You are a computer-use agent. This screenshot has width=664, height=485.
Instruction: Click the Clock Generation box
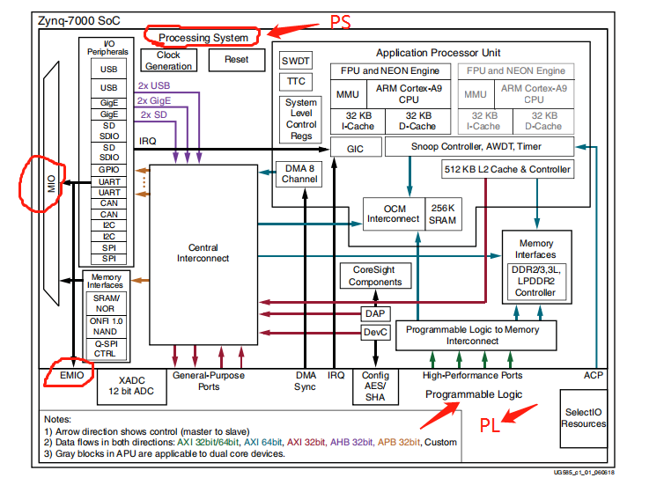click(x=168, y=60)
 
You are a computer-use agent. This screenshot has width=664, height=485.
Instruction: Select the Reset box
click(x=237, y=60)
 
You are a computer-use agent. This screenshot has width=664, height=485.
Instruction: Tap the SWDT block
click(x=295, y=61)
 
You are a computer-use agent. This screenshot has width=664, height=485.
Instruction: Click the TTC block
click(x=295, y=82)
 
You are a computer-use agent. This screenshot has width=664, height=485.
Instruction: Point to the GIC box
click(x=355, y=149)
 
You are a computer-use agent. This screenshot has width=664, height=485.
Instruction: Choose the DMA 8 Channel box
click(x=299, y=173)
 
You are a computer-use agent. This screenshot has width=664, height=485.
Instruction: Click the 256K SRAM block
click(x=441, y=212)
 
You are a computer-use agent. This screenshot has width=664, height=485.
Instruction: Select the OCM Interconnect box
click(x=393, y=212)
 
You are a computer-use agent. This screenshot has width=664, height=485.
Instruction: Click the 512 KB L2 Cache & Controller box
click(x=507, y=169)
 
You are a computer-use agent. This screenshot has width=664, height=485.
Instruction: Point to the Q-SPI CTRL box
click(x=105, y=349)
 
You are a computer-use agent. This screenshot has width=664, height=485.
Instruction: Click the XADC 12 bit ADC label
click(x=130, y=385)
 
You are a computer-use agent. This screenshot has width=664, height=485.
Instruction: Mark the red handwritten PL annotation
click(x=491, y=426)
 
